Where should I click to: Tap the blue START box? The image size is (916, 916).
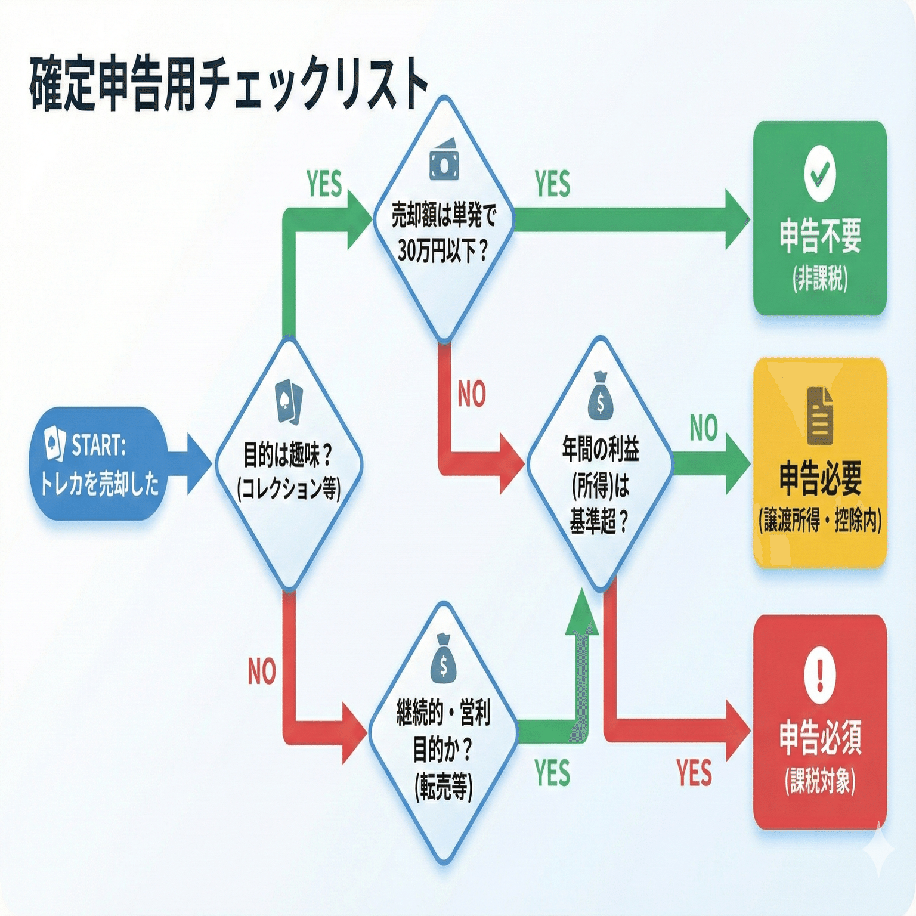point(98,463)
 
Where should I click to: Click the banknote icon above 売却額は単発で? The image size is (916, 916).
point(444,159)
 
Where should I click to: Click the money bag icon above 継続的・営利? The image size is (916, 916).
point(443,658)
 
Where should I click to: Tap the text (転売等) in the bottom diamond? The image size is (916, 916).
point(443,787)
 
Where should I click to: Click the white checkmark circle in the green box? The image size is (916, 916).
point(820,174)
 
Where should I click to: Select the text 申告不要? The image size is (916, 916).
point(820,236)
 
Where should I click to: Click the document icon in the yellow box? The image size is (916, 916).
point(820,416)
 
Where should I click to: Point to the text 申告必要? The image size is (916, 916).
point(820,478)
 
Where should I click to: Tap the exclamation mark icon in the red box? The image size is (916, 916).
point(820,675)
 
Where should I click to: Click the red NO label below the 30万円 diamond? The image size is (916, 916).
point(472,394)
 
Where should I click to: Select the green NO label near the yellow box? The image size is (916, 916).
point(704,428)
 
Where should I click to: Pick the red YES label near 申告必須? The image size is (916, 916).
point(694,773)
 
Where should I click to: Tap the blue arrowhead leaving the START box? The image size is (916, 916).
point(199,463)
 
